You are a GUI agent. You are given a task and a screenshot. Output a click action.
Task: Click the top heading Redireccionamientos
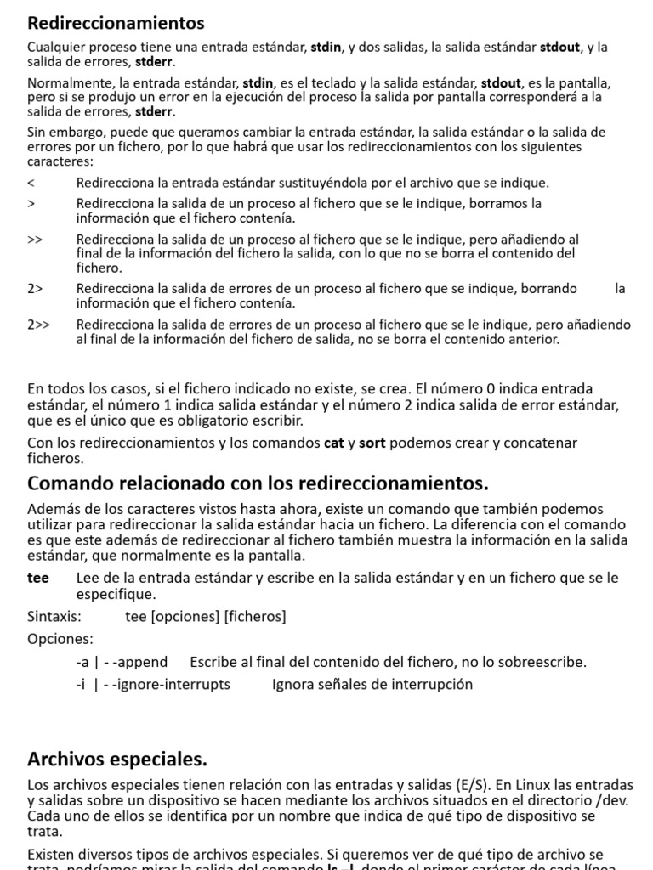coord(116,23)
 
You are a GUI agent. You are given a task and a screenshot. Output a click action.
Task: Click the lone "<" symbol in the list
coord(31,183)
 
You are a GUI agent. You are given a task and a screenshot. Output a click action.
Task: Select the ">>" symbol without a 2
coord(35,240)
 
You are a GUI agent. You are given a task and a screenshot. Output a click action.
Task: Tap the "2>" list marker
coord(35,289)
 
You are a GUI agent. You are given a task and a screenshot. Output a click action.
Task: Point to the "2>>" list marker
coord(39,325)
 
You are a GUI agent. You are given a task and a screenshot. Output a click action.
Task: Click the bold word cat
coord(334,443)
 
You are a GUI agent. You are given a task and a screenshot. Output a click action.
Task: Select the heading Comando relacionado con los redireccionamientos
coord(258,483)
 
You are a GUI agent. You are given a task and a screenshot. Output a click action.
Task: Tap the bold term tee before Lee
coord(38,578)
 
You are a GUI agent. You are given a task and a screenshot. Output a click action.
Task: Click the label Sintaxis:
coord(54,616)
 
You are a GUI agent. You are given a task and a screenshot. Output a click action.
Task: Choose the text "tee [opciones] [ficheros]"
coord(206,616)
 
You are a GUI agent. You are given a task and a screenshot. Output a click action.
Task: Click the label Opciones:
coord(60,638)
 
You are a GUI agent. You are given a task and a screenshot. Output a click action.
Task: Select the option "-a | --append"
coord(122,661)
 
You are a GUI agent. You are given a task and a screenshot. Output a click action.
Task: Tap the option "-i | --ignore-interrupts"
coord(153,684)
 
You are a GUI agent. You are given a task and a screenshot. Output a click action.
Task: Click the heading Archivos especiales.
coord(117,758)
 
